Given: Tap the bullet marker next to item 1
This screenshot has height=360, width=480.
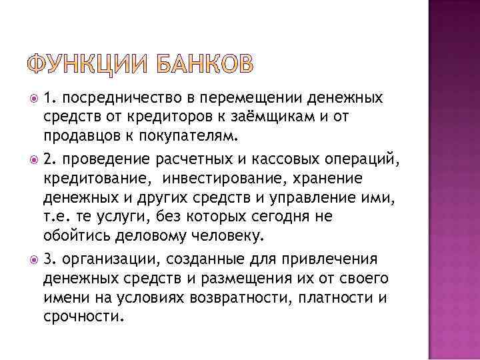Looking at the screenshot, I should tap(34, 99).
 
